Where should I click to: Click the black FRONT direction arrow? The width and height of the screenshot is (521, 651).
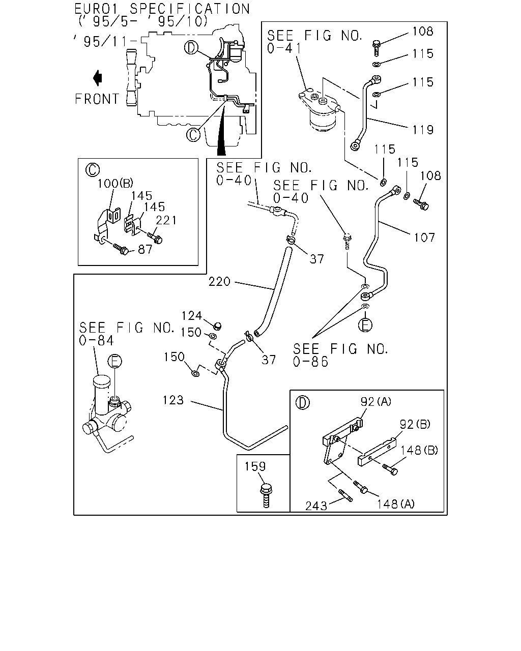click(x=98, y=78)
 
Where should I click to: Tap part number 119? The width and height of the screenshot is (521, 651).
click(x=423, y=130)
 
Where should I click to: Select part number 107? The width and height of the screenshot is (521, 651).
click(x=424, y=238)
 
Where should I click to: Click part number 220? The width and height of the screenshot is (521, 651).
click(x=219, y=282)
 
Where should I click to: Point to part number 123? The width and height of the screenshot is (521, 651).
click(x=173, y=400)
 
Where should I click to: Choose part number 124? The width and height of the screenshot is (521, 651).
click(x=192, y=316)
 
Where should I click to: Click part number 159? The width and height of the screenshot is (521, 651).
click(x=255, y=466)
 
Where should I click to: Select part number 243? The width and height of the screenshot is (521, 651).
click(x=316, y=506)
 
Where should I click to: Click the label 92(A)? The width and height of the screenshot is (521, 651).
click(x=376, y=401)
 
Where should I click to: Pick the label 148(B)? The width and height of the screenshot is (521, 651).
click(x=419, y=451)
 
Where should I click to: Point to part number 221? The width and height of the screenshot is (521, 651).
click(x=166, y=220)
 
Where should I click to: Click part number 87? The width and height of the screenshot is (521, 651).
click(x=146, y=249)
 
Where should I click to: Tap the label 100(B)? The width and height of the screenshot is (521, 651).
click(x=115, y=183)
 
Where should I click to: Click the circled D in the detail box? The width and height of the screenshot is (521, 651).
click(x=302, y=403)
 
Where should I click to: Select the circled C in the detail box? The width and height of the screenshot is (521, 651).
click(x=93, y=170)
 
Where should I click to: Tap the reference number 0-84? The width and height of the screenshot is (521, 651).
click(x=96, y=341)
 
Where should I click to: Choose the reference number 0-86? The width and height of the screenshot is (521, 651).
click(x=310, y=362)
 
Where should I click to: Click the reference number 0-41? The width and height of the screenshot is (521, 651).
click(x=284, y=48)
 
